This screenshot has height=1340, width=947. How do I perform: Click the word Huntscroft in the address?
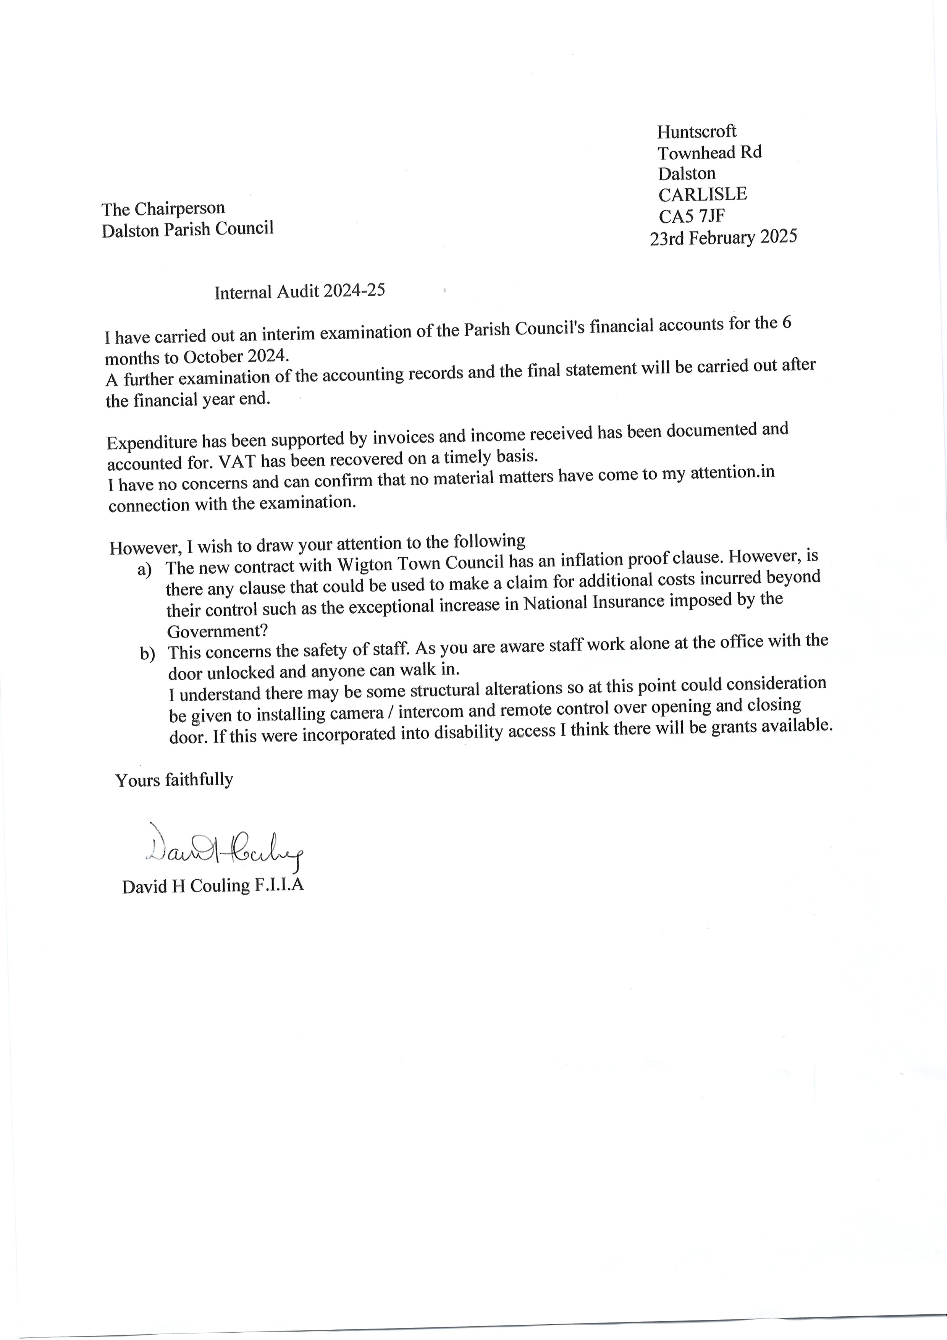[x=697, y=131]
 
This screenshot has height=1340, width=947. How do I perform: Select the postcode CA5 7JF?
[x=692, y=217]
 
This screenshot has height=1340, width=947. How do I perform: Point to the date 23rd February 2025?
[x=724, y=238]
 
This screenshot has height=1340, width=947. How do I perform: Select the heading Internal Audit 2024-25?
[x=299, y=291]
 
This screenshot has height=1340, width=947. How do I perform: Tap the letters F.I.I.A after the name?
[x=279, y=886]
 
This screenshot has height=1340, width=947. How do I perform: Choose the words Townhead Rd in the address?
[x=709, y=152]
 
